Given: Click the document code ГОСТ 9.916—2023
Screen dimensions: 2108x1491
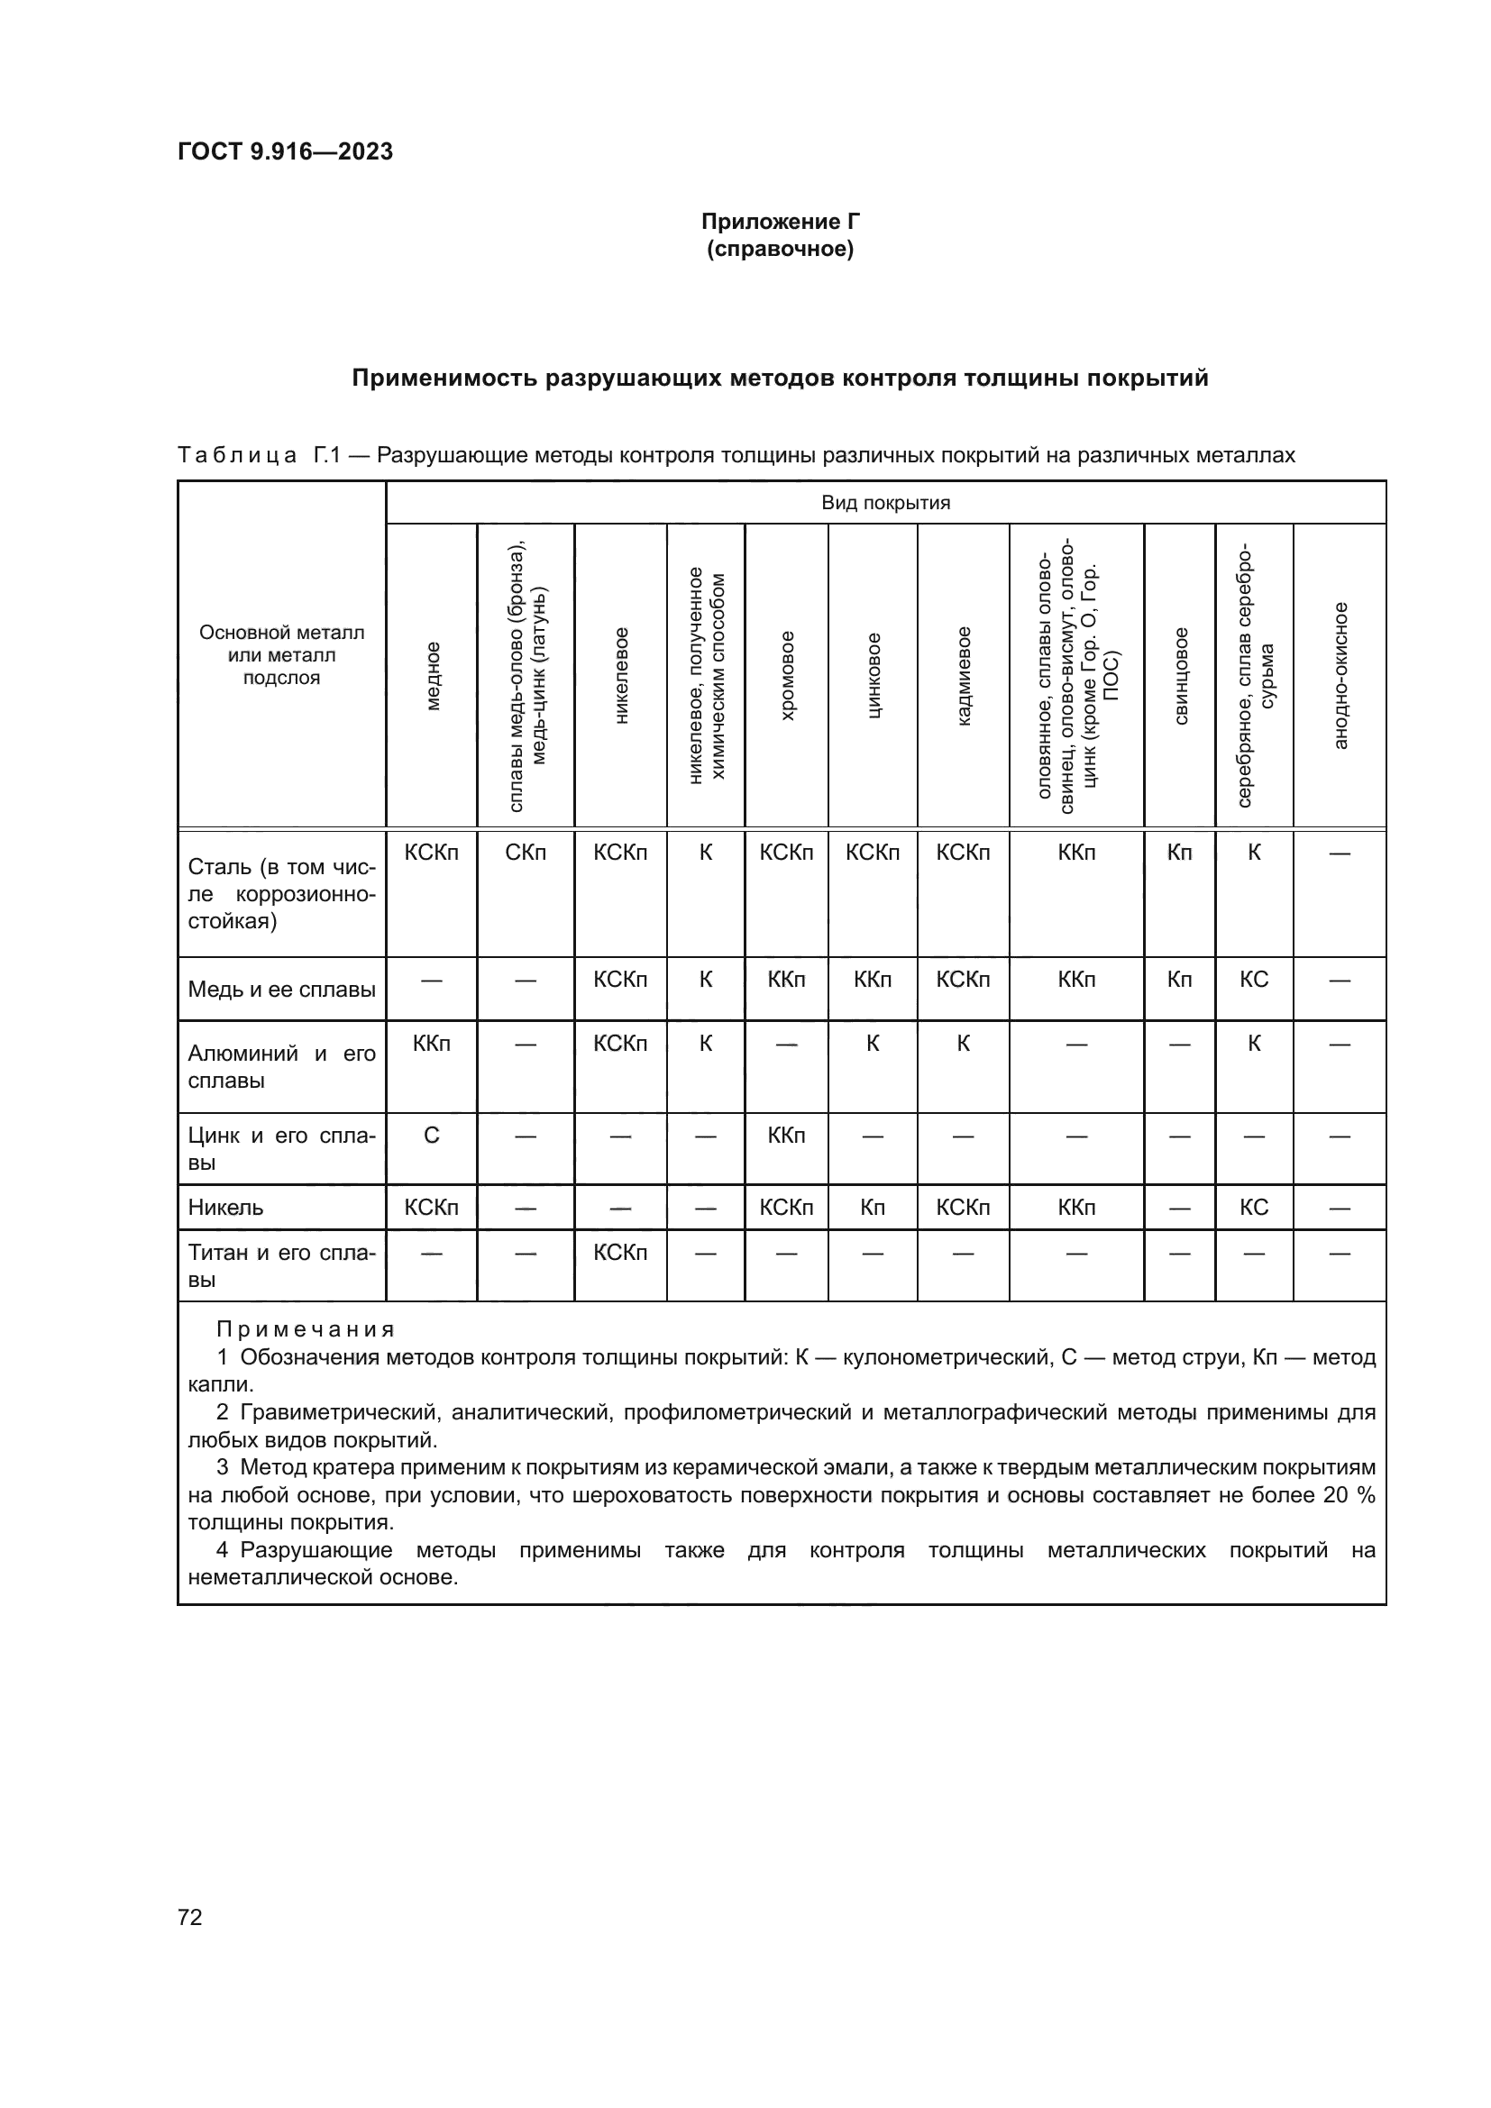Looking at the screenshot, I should pos(285,151).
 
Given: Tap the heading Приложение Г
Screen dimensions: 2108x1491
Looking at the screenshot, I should pos(781,222).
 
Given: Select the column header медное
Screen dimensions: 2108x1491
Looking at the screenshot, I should pos(433,676).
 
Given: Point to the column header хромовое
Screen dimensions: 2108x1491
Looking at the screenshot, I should pos(787,676).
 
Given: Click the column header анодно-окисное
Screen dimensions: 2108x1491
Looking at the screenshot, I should pos(1340,676).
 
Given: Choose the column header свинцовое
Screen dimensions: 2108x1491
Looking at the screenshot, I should pos(1181,676).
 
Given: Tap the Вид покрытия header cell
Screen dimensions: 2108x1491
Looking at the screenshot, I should pos(885,502).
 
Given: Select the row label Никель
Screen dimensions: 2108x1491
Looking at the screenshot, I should pos(226,1208).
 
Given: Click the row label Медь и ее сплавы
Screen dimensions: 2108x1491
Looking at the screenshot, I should pos(282,989).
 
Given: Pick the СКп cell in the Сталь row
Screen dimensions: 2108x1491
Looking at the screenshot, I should pos(526,852).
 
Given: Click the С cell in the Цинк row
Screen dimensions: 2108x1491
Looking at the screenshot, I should pos(432,1135).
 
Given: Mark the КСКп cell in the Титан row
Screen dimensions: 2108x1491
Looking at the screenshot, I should pos(619,1253).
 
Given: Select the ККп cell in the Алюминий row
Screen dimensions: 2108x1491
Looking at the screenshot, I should pos(432,1043).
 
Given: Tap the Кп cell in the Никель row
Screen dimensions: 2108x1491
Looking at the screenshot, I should pos(873,1208).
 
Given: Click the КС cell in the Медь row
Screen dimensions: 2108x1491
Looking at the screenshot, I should pos(1253,979).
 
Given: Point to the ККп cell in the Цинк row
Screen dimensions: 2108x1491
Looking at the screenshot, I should pos(786,1135).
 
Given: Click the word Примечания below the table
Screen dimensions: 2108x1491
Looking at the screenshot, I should pos(306,1328).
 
